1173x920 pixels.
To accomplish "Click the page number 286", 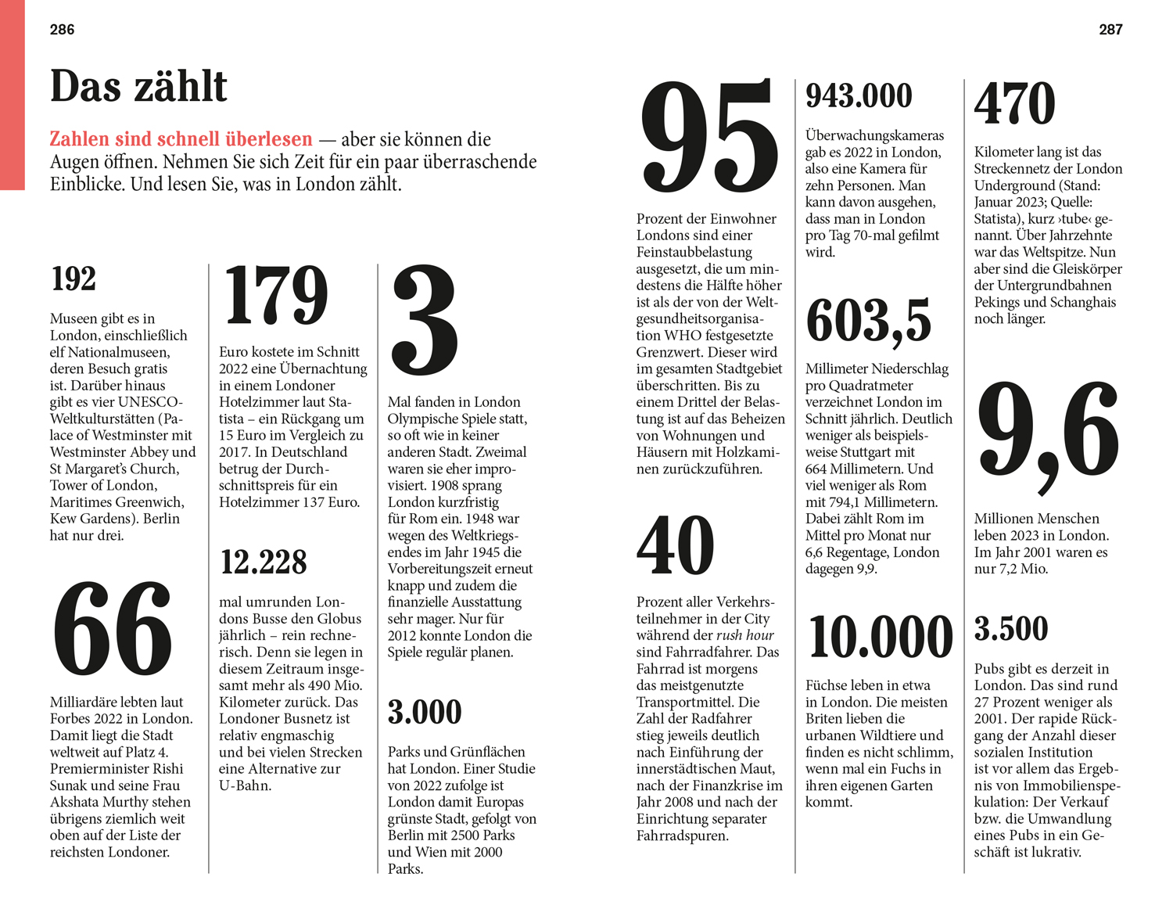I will pos(62,30).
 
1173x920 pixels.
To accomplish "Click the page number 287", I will pos(1110,30).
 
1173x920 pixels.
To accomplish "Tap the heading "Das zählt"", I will pos(138,86).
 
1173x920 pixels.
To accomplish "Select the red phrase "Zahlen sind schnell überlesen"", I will pos(181,139).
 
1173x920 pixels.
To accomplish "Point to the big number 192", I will pos(74,279).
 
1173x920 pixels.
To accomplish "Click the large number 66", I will pos(113,630).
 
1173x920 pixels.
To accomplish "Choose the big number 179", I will pos(275,295).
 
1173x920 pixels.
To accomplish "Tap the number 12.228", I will pos(264,562).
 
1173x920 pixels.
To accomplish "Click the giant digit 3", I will pos(425,320).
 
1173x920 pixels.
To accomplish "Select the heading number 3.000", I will pos(425,712).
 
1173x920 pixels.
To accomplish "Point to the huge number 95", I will pos(708,138).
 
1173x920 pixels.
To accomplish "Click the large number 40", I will pos(675,545).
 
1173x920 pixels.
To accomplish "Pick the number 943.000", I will pos(859,96).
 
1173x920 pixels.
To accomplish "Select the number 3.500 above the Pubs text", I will pos(1010,629).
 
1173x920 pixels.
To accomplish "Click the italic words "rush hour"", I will pos(745,635).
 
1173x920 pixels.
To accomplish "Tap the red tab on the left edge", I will pos(12,94).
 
